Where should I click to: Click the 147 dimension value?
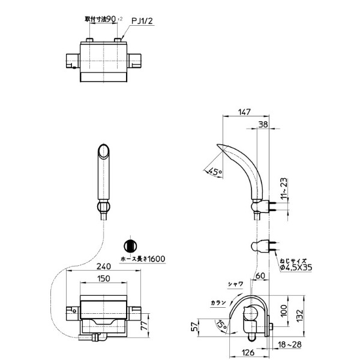click(x=244, y=112)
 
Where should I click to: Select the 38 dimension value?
click(x=263, y=124)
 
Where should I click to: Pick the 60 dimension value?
click(x=260, y=276)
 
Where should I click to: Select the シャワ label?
click(x=235, y=284)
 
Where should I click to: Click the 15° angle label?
click(x=223, y=325)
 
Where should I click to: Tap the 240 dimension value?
click(x=104, y=268)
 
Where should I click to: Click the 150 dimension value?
click(x=104, y=279)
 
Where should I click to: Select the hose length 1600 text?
click(x=142, y=259)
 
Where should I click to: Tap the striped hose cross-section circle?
click(x=130, y=246)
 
